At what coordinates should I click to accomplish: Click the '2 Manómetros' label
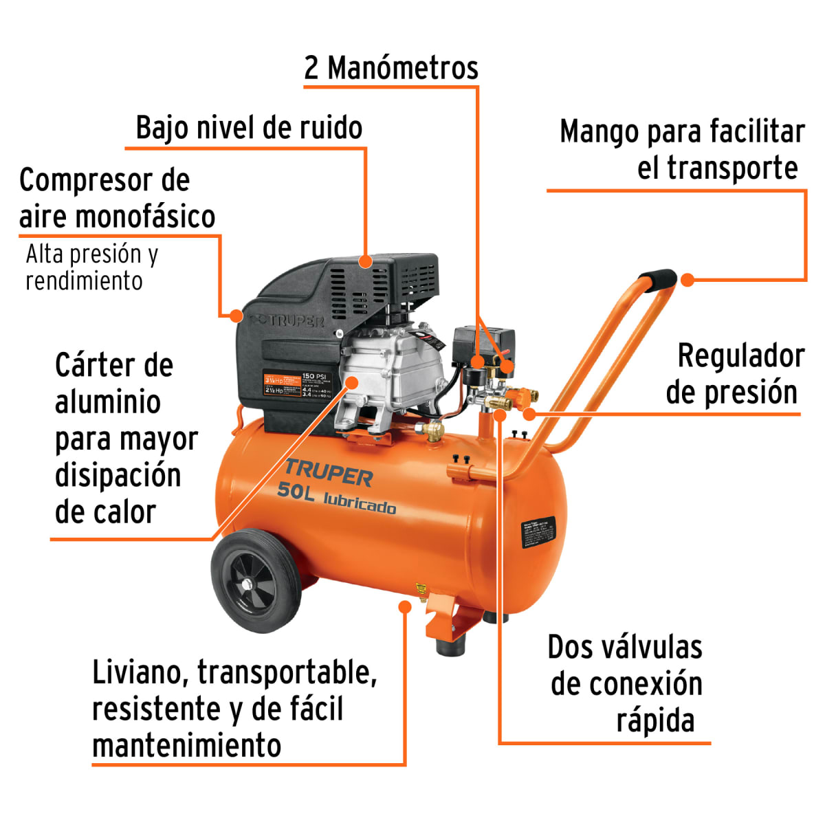tap(390, 68)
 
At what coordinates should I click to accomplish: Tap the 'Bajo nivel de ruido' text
tap(249, 128)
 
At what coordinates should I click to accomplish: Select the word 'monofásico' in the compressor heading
tap(146, 217)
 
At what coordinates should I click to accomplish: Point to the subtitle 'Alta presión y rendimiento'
tap(91, 267)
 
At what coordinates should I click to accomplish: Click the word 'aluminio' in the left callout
tap(107, 402)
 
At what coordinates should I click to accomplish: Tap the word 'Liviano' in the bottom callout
tap(138, 672)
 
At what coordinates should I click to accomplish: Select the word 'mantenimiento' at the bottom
tap(186, 745)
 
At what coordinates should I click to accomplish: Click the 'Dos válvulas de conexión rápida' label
tap(626, 684)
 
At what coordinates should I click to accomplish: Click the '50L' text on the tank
tap(296, 491)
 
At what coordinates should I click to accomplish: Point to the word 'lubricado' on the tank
tap(360, 504)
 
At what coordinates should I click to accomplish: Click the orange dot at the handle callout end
tap(687, 279)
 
